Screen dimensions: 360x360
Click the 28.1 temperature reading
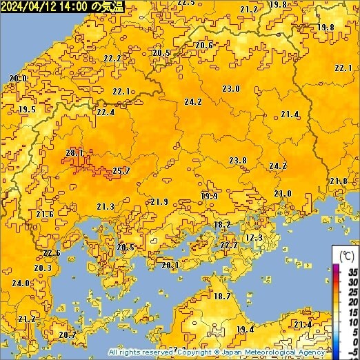74,152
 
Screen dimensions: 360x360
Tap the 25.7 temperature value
121,170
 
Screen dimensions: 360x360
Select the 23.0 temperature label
231,88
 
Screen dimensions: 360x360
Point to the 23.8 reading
238,160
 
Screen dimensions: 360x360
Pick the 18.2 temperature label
222,224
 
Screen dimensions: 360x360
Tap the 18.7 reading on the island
222,296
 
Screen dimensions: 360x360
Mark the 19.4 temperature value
245,329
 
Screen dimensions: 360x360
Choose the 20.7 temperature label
68,334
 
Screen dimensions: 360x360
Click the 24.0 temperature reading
21,283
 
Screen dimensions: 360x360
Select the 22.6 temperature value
52,253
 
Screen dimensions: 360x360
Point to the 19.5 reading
27,110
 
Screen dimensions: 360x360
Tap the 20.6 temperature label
204,45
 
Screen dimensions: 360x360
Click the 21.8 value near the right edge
338,181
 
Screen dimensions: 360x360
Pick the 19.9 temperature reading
210,196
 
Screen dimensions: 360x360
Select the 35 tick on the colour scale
352,272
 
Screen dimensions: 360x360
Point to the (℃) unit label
345,254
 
